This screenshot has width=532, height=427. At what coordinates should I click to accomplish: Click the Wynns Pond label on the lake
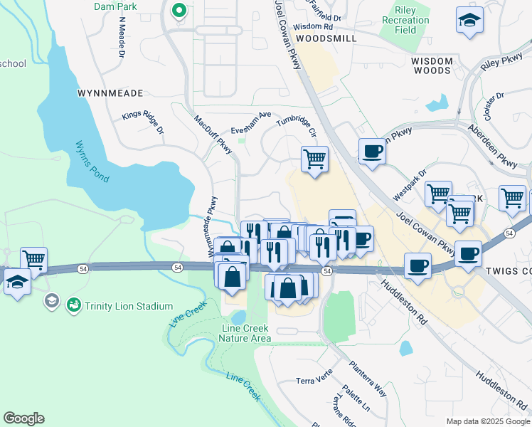(x=92, y=161)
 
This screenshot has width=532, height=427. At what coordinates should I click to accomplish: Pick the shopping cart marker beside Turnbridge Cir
(x=314, y=159)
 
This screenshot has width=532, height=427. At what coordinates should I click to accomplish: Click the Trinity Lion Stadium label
(x=129, y=306)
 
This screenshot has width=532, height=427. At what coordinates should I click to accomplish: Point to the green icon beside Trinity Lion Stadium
(x=73, y=305)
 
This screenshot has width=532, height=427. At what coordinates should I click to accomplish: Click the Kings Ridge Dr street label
(x=142, y=121)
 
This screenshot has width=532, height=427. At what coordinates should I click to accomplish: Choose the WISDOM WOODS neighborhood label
(x=432, y=66)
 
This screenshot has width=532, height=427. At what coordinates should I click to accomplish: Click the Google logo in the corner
(x=23, y=418)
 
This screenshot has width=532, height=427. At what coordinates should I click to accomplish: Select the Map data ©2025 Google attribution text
(x=487, y=421)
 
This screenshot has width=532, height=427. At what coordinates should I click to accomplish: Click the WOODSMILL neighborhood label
(x=326, y=38)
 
